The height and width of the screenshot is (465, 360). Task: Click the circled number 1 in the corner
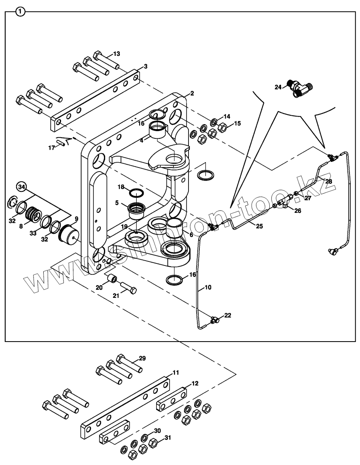pos(20,12)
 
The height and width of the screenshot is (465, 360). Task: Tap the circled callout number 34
pos(21,187)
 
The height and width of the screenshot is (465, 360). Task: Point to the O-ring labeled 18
pos(137,193)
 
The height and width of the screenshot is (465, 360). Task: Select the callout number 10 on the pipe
pos(208,287)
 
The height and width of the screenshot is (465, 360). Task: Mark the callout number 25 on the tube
pos(259,227)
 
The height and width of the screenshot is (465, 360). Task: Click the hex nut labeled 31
pos(153,444)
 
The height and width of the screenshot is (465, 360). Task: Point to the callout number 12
pos(195,383)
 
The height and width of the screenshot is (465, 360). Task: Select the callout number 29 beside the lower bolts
pos(142,358)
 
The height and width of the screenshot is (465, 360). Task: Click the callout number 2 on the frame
pos(192,93)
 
